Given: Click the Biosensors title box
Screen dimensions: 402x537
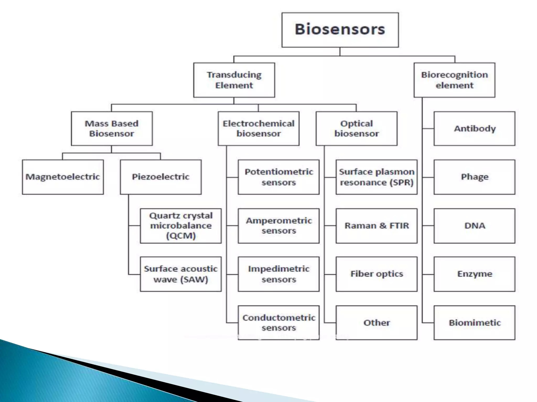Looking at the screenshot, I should coord(340,30).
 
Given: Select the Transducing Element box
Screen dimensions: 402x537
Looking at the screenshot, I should coord(234,80).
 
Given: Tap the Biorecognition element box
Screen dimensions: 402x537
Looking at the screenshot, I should coord(454,80).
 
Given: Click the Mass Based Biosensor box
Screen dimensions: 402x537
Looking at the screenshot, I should coord(112,129).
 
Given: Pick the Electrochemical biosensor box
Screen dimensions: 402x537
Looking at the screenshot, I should coord(259,129).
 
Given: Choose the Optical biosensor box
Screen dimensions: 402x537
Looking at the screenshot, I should coord(356,129).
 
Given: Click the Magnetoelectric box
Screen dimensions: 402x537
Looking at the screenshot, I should coord(63,177).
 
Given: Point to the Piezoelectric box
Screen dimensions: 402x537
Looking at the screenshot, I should coord(161,177).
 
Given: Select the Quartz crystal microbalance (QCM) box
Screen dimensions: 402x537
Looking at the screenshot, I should coord(181,226).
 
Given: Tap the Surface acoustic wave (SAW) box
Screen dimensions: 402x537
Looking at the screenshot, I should coord(181,274).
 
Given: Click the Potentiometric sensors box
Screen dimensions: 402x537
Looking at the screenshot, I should coord(278,177).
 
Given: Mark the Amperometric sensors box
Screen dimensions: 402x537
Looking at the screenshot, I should coord(278,226).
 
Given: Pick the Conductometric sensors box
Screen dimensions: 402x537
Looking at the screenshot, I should coord(278,323).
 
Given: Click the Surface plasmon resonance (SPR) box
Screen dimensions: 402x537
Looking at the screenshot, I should coord(377,177).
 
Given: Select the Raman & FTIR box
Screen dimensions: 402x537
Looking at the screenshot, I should coord(377,226).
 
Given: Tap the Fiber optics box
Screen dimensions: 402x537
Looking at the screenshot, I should coord(377,274).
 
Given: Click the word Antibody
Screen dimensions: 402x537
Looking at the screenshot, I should coord(475,129).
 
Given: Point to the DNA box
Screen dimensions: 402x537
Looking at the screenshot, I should coord(474,226).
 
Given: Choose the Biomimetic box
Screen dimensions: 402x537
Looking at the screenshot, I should coord(474,323).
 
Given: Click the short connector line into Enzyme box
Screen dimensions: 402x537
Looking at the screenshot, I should coord(428,274).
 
